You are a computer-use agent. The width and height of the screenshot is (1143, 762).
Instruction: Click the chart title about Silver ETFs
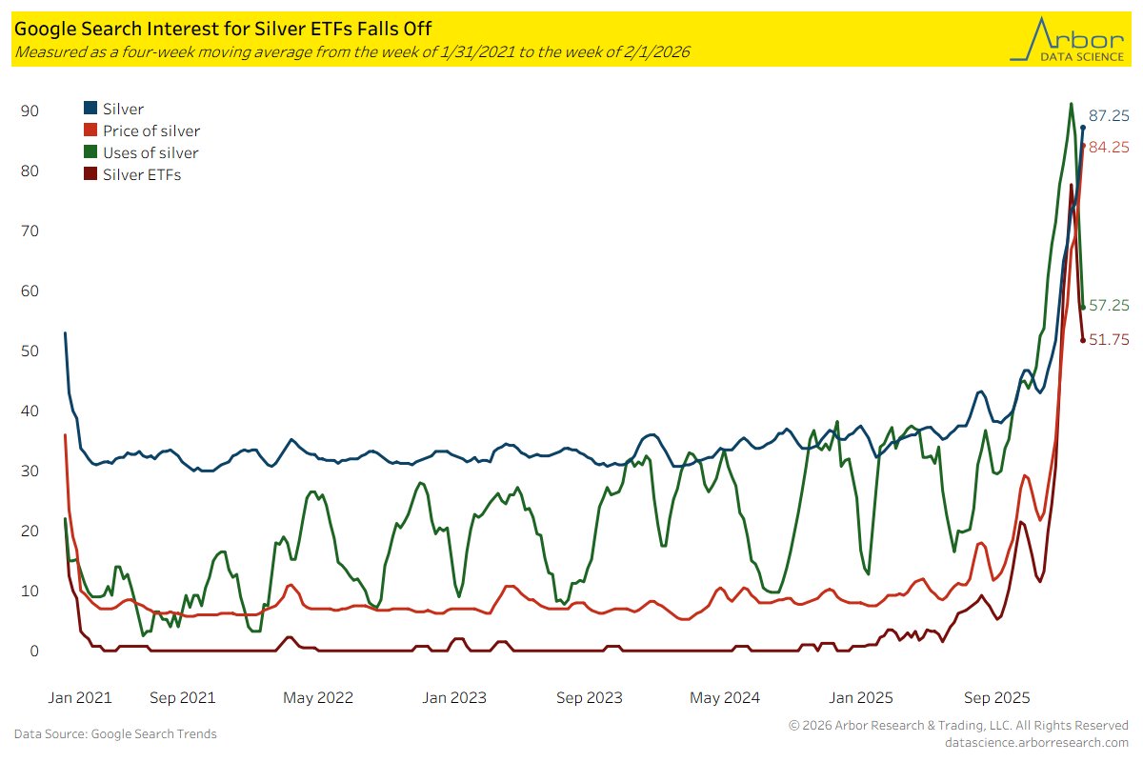(x=223, y=30)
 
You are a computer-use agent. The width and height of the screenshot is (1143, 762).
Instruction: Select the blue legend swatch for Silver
(x=90, y=109)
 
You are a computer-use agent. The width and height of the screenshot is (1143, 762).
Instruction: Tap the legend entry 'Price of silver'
(x=150, y=130)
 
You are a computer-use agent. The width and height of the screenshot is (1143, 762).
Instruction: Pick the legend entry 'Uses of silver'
(x=150, y=152)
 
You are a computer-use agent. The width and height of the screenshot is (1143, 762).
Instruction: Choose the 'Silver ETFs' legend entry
(x=141, y=174)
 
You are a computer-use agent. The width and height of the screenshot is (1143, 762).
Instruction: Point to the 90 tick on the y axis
(x=30, y=111)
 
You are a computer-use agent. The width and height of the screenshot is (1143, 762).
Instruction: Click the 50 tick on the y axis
(x=30, y=351)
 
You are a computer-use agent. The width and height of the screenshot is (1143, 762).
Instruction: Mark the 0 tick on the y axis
(x=33, y=652)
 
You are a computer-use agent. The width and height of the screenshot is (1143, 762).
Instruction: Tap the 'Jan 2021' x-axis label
(x=79, y=697)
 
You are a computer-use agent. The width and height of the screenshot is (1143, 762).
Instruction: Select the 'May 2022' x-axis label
(x=319, y=697)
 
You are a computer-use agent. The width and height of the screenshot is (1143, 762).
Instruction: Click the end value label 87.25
(x=1109, y=116)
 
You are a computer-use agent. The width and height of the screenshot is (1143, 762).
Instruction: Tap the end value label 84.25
(x=1109, y=148)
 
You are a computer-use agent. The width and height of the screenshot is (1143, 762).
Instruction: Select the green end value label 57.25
(x=1109, y=306)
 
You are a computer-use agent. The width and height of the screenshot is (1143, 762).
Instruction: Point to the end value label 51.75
(x=1109, y=340)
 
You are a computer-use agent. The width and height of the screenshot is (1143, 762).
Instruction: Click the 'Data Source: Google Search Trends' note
(x=115, y=733)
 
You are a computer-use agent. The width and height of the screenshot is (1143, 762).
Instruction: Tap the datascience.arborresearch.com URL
(x=1036, y=742)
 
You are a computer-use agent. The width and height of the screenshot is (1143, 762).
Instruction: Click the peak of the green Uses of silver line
(x=1072, y=104)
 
